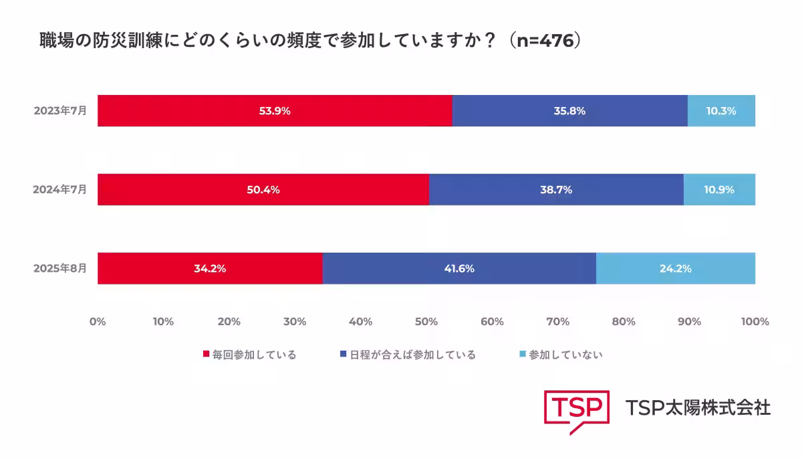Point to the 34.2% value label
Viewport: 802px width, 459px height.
[x=210, y=269]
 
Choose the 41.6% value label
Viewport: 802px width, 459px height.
[x=458, y=269]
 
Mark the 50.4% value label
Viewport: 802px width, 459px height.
[x=263, y=190]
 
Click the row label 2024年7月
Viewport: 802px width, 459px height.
[x=60, y=189]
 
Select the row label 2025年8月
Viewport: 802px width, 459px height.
[x=60, y=268]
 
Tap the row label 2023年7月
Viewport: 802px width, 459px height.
[x=60, y=111]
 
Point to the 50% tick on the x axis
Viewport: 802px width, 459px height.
[x=426, y=322]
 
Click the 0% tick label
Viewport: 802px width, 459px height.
[x=98, y=322]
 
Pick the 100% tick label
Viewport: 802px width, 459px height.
[x=755, y=322]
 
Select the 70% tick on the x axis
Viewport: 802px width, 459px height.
[x=557, y=322]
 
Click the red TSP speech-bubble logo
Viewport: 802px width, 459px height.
[x=577, y=409]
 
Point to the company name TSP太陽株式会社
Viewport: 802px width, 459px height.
[x=698, y=407]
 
